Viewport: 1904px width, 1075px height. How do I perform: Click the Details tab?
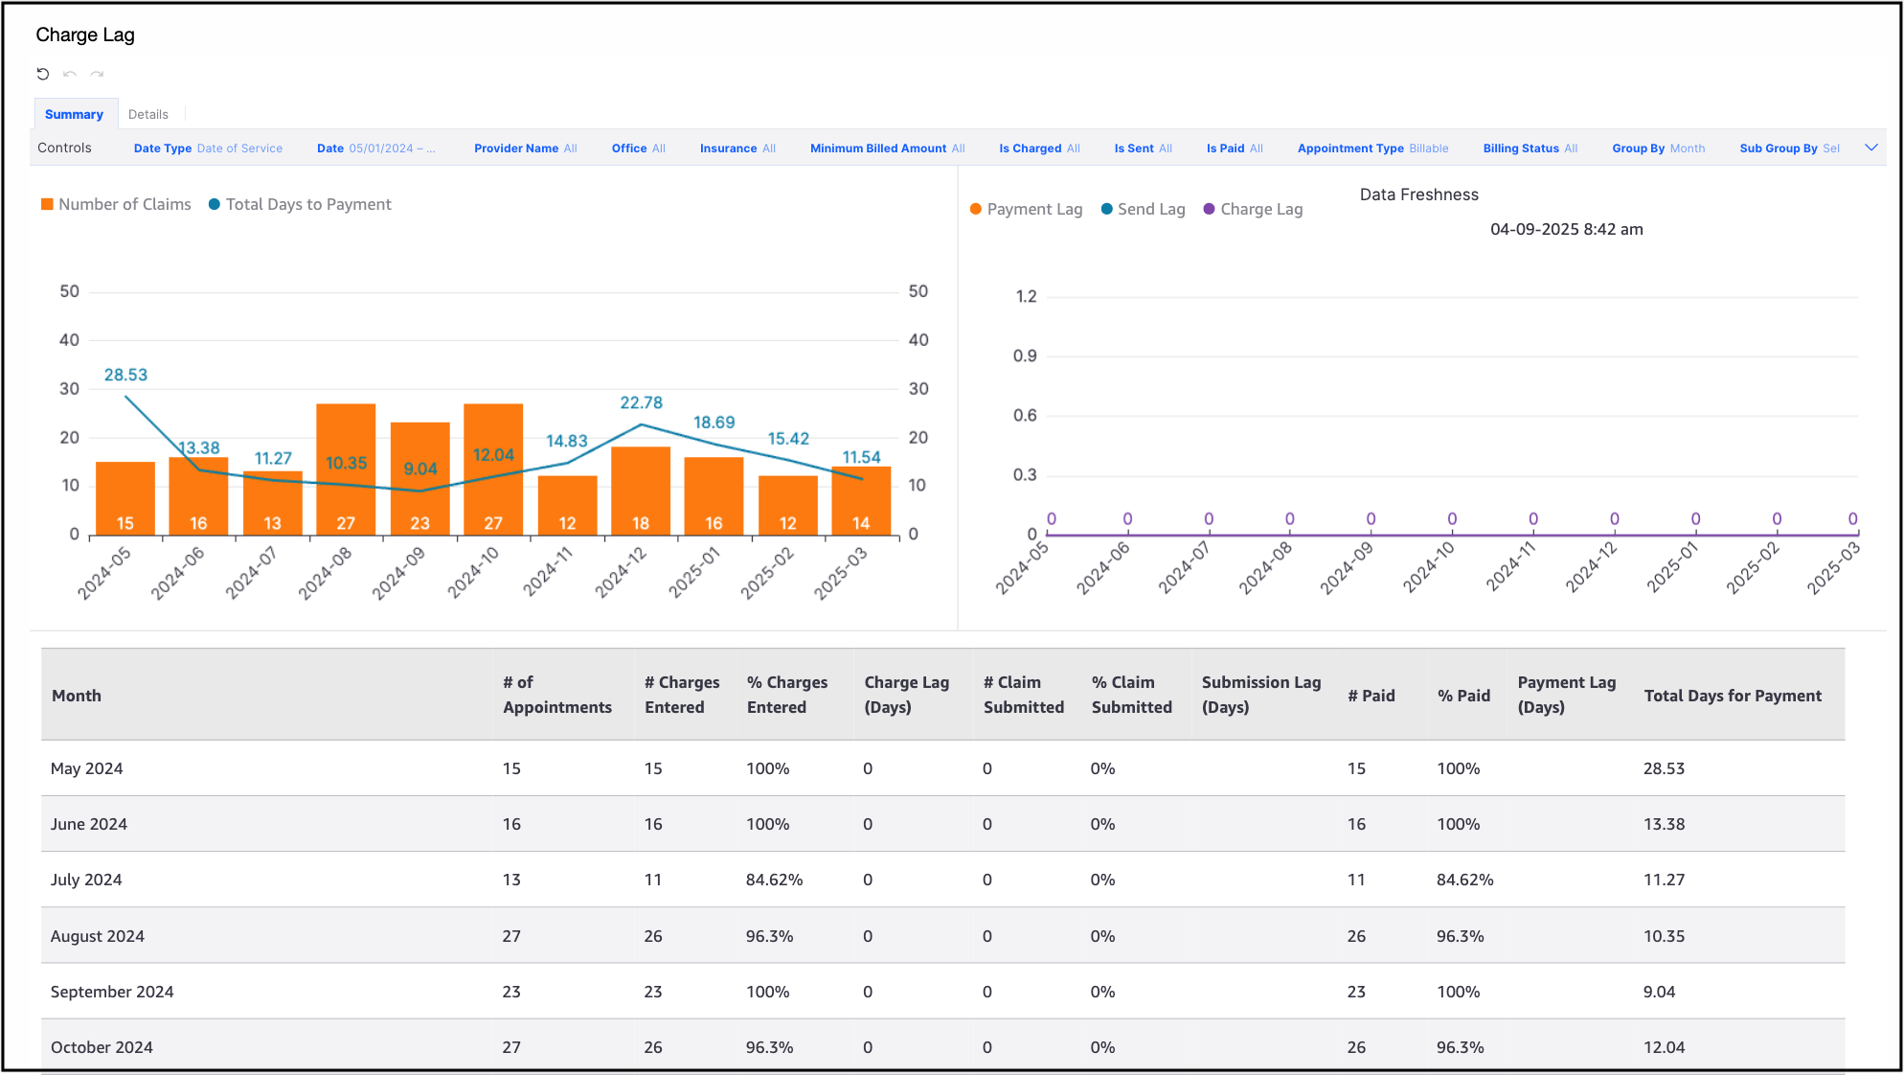(x=147, y=114)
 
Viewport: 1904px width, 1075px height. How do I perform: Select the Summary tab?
(x=74, y=114)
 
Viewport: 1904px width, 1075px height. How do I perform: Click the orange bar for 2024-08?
(x=346, y=469)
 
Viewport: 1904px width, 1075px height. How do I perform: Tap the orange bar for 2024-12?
(x=641, y=491)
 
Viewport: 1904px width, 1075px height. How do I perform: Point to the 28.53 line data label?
(x=125, y=375)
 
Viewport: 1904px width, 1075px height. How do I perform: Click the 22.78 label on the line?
(x=641, y=402)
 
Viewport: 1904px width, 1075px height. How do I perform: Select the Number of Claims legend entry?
(x=116, y=204)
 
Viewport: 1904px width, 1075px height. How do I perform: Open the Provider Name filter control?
(x=525, y=149)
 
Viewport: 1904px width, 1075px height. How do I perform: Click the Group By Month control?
(x=1658, y=149)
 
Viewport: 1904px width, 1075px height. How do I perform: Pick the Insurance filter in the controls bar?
(x=737, y=149)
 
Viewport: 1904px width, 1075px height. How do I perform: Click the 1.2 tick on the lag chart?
(x=1026, y=296)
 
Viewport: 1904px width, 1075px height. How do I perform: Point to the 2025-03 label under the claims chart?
(x=841, y=572)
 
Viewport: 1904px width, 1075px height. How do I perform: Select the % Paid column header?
(x=1463, y=696)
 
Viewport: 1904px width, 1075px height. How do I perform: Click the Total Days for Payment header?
(x=1733, y=696)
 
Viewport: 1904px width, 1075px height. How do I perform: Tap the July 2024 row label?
(x=86, y=880)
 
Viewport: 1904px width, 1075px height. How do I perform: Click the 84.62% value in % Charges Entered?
(x=774, y=880)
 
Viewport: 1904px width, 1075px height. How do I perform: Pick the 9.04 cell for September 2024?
(x=1659, y=992)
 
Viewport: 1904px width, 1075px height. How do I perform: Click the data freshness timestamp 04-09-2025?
(x=1566, y=229)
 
